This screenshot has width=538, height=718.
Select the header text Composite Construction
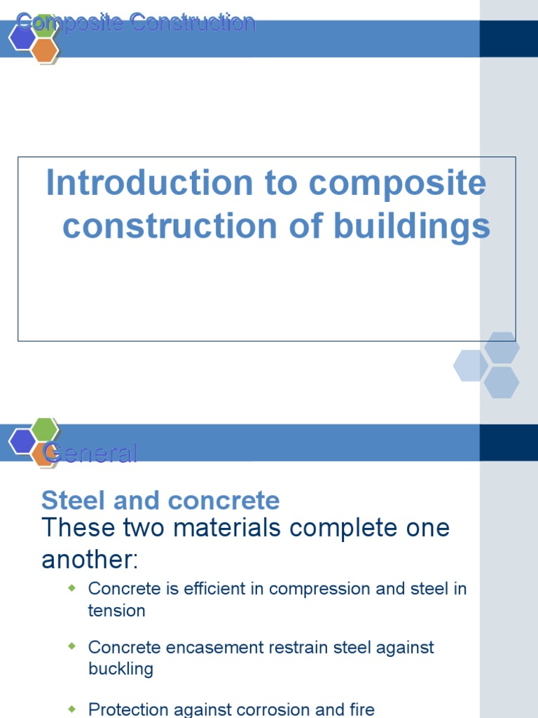pyautogui.click(x=136, y=22)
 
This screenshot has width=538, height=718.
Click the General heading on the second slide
pyautogui.click(x=90, y=454)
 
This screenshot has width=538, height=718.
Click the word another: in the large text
pyautogui.click(x=90, y=560)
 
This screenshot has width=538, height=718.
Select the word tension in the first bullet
pyautogui.click(x=116, y=611)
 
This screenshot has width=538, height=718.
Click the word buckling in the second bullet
pyautogui.click(x=120, y=669)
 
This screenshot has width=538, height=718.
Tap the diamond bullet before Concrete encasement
pyautogui.click(x=71, y=646)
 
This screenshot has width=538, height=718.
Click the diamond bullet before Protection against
pyautogui.click(x=71, y=708)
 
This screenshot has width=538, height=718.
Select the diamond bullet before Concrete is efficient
pyautogui.click(x=71, y=588)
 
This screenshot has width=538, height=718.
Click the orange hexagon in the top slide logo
pyautogui.click(x=44, y=50)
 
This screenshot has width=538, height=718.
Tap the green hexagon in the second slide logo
pyautogui.click(x=44, y=429)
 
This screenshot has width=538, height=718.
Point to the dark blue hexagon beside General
pyautogui.click(x=22, y=441)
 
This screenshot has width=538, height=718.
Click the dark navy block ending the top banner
pyautogui.click(x=509, y=39)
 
